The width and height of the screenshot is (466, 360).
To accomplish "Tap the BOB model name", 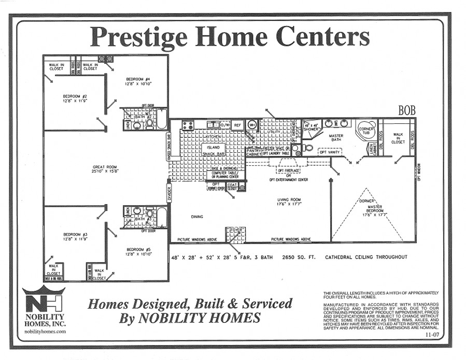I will coord(407,110).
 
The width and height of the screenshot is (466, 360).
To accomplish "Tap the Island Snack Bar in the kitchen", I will coord(213,150).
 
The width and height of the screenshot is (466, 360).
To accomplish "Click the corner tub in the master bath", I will coord(366,131).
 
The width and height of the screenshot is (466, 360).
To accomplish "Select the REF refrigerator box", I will coord(237,125).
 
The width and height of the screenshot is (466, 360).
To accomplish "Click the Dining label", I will coord(197,217).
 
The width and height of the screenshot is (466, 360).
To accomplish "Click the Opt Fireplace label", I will coord(288,170).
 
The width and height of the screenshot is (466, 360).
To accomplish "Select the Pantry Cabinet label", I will coord(253,152).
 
